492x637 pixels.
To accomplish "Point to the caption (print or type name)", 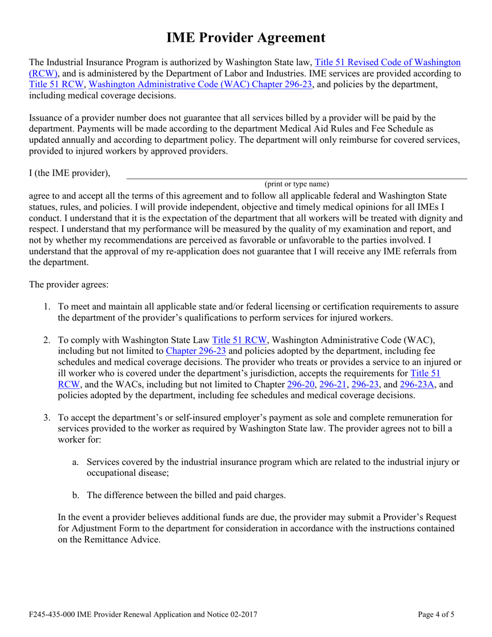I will [x=297, y=184].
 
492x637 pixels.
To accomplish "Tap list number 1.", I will [x=46, y=307].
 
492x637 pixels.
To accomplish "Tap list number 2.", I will [x=46, y=340].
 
